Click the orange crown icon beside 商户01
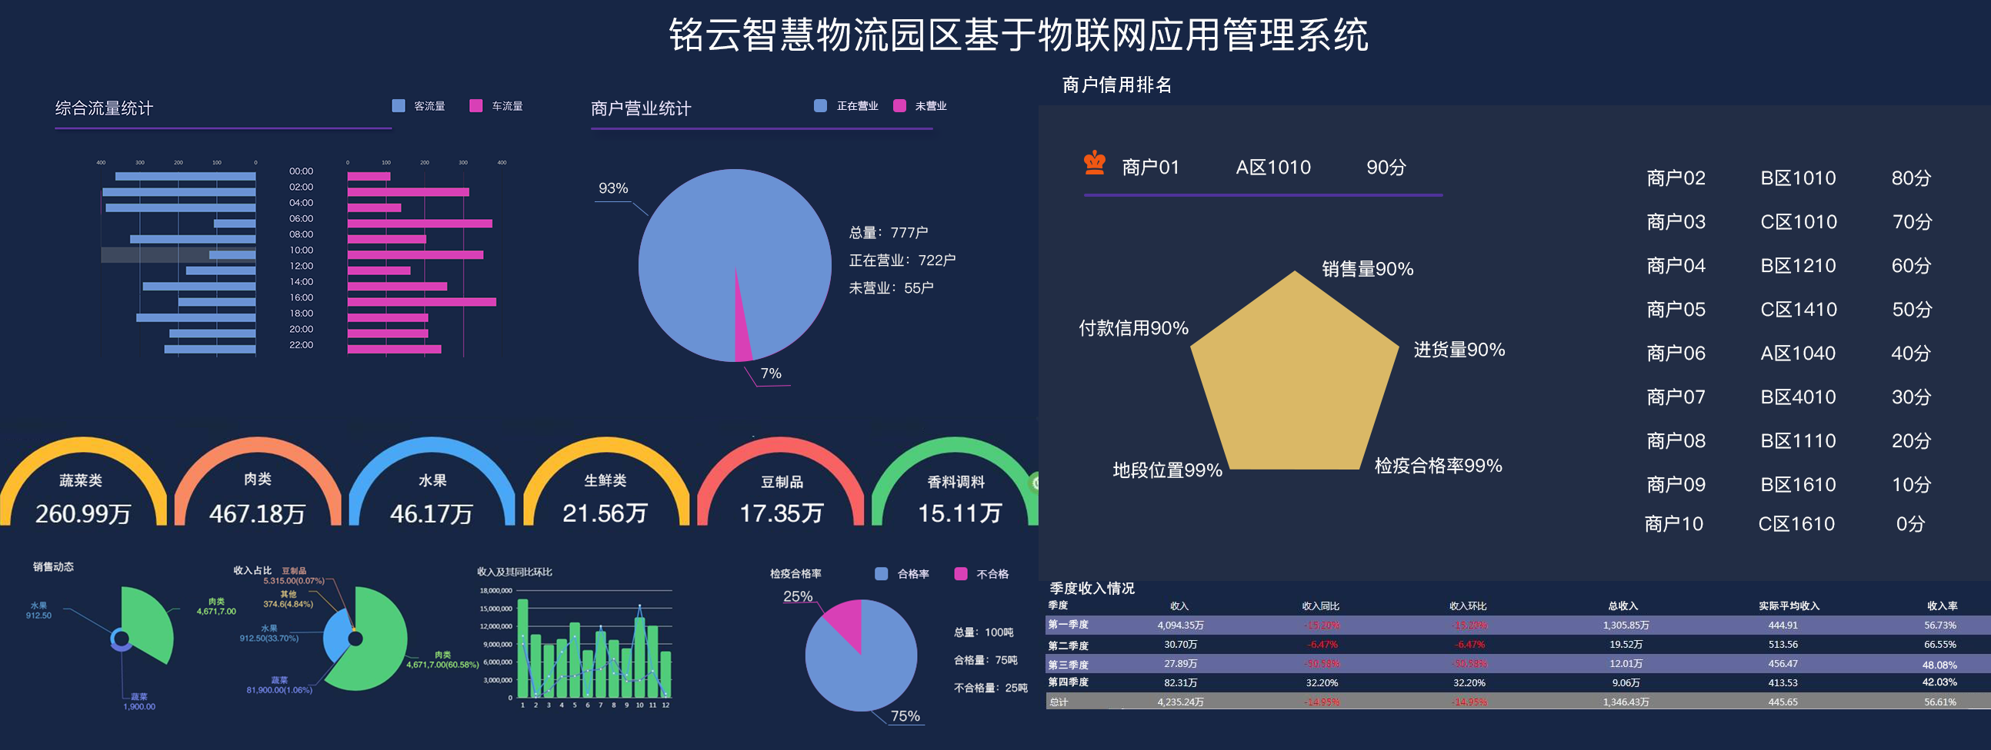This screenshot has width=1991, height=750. pyautogui.click(x=1095, y=164)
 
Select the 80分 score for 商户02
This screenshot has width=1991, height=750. pyautogui.click(x=1911, y=178)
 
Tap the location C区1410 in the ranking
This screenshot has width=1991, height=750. pyautogui.click(x=1798, y=310)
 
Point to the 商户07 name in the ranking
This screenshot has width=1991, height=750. pyautogui.click(x=1675, y=397)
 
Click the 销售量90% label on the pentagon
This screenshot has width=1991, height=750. pyautogui.click(x=1366, y=269)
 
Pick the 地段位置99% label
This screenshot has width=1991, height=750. pyautogui.click(x=1167, y=470)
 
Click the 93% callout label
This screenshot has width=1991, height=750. pyautogui.click(x=613, y=188)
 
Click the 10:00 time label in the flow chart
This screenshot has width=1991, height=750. pyautogui.click(x=302, y=251)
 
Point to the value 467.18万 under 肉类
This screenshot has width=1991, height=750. pyautogui.click(x=258, y=513)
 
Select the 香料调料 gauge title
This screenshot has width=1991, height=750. pyautogui.click(x=956, y=482)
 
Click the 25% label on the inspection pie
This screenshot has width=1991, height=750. pyautogui.click(x=798, y=596)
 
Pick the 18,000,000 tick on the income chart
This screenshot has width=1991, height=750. pyautogui.click(x=496, y=591)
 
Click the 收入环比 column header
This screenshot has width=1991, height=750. pyautogui.click(x=1468, y=606)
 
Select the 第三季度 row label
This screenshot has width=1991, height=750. pyautogui.click(x=1068, y=665)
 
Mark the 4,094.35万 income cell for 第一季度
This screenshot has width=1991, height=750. pyautogui.click(x=1180, y=626)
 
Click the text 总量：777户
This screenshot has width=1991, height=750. pyautogui.click(x=888, y=233)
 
